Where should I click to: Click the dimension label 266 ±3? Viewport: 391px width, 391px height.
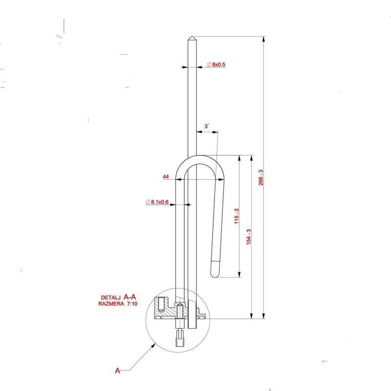[x=261, y=177]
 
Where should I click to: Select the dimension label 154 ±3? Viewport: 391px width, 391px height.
[x=249, y=237]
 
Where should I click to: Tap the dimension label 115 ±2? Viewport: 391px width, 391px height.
[x=237, y=216]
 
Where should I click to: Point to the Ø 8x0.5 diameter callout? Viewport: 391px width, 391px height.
[x=216, y=65]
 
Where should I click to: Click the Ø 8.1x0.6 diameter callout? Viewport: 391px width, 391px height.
[x=157, y=202]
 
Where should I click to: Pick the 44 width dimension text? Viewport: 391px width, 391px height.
[x=166, y=176]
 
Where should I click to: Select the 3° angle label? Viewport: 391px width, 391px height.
[x=207, y=126]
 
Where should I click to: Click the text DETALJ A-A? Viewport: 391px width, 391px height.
[x=118, y=297]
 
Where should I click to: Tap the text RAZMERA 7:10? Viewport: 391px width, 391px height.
[x=118, y=304]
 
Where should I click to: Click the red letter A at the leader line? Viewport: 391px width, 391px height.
[x=117, y=370]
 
